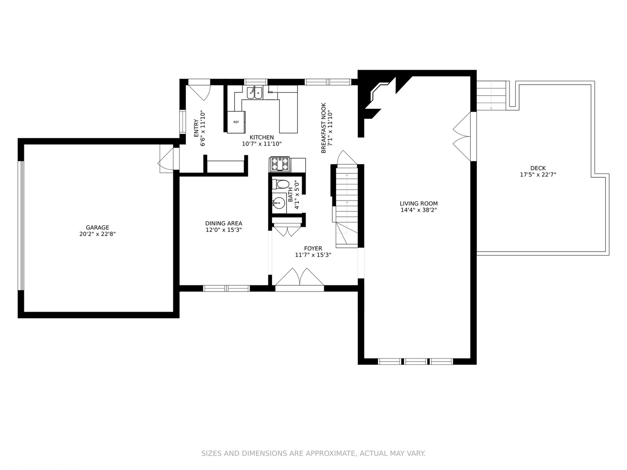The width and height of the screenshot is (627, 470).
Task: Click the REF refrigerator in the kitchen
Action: point(236,122)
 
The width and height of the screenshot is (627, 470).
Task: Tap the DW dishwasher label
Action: point(270,92)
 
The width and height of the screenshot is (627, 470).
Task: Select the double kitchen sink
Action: point(255,92)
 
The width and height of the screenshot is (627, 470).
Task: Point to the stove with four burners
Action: point(280,164)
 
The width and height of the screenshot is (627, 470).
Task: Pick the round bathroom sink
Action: point(279,203)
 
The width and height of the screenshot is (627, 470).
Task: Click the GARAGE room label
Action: point(98,228)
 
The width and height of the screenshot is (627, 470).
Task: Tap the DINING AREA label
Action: point(224,223)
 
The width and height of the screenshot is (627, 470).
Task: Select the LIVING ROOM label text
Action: point(419,204)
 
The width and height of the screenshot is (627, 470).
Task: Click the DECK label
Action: point(538,168)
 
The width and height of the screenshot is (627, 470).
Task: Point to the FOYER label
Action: point(313,248)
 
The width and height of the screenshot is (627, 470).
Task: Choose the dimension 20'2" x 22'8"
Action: point(98,234)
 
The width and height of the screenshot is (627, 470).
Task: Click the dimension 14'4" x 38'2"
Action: point(419,210)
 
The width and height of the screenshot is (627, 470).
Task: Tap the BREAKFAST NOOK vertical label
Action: point(324,128)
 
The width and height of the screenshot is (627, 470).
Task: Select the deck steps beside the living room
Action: point(491,96)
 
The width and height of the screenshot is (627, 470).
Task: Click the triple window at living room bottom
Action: point(416,361)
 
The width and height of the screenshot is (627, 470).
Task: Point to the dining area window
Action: point(226,288)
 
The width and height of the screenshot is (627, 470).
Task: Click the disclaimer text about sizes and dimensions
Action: point(313,453)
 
